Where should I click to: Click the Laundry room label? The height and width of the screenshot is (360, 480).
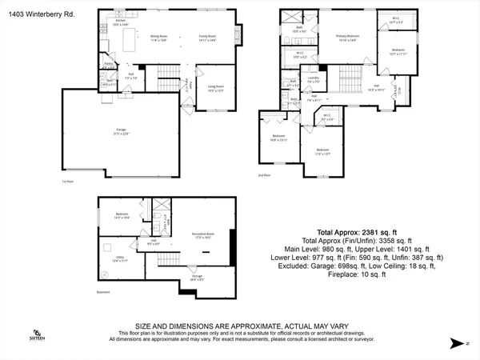tap(314, 82)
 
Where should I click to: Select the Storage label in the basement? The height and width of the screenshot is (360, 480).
tap(196, 278)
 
